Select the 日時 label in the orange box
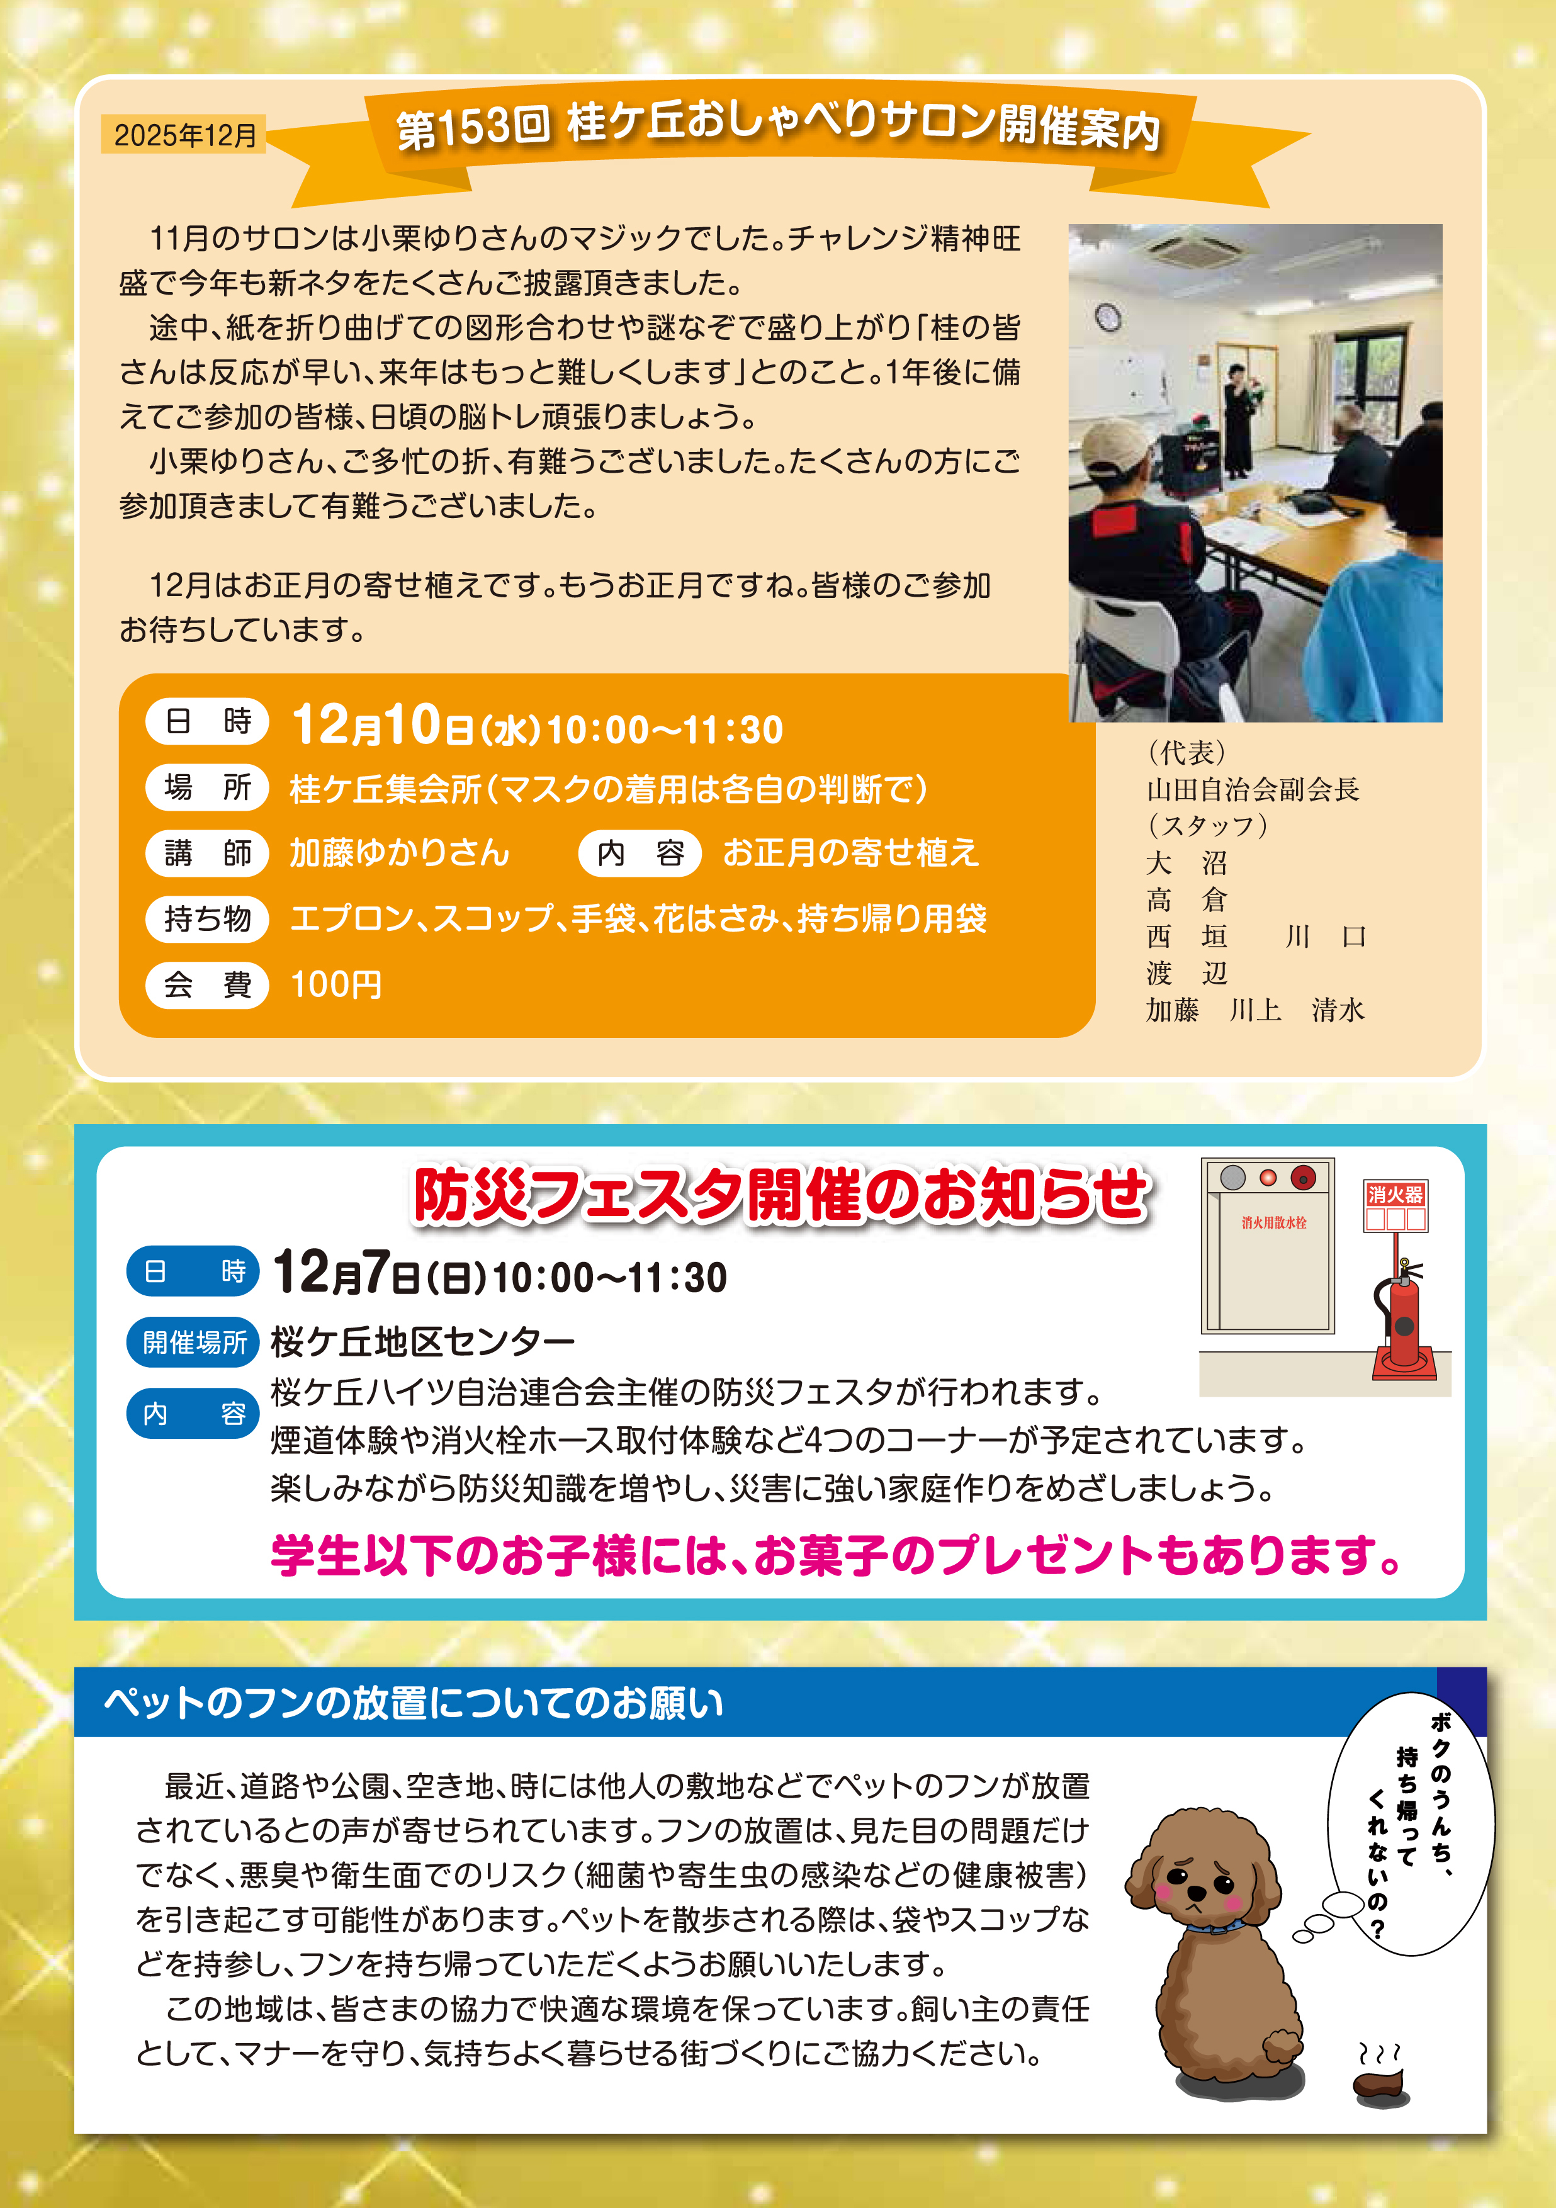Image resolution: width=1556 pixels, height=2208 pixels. click(x=206, y=721)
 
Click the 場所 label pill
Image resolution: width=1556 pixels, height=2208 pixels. click(x=206, y=787)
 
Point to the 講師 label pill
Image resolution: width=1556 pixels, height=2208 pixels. click(x=206, y=853)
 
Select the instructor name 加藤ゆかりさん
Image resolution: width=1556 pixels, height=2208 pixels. click(x=400, y=853)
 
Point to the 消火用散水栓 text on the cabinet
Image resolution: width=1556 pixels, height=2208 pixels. click(x=1273, y=1223)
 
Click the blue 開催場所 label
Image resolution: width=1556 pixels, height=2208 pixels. click(x=193, y=1341)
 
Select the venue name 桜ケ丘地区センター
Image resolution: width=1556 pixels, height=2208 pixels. click(x=423, y=1341)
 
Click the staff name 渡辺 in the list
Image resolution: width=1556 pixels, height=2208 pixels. click(x=1187, y=973)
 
